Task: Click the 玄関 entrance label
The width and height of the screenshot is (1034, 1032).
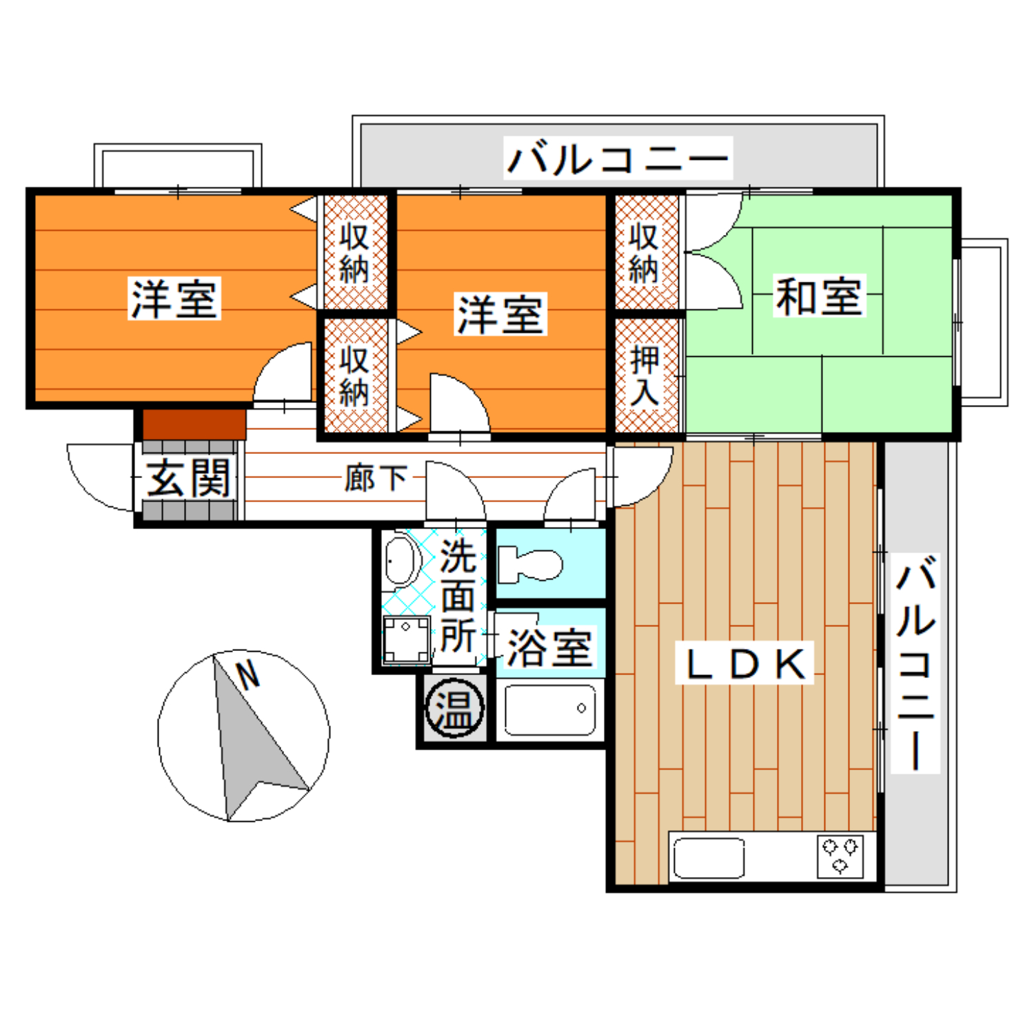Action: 189,477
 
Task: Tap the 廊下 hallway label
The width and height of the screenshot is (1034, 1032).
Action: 376,478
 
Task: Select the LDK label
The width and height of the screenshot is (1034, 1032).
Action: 745,663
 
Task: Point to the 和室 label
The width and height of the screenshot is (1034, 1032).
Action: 819,296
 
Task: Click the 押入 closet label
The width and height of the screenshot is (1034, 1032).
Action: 645,376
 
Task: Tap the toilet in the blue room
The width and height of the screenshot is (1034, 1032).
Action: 529,564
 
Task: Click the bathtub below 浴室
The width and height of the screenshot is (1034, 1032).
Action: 550,710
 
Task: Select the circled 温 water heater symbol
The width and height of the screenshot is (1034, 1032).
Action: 454,708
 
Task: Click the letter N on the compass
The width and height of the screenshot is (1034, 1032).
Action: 247,675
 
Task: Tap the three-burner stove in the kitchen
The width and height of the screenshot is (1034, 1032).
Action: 840,856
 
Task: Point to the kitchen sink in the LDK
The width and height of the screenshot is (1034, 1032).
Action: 709,858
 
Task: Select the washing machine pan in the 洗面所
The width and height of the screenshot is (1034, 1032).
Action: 407,640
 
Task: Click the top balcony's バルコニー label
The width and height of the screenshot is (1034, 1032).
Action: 618,158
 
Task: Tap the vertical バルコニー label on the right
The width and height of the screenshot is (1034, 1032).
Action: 915,663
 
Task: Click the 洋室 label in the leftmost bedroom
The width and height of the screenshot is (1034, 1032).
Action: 174,298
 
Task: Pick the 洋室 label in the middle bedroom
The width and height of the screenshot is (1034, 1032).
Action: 500,314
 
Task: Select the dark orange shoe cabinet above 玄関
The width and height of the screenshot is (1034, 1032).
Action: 194,424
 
